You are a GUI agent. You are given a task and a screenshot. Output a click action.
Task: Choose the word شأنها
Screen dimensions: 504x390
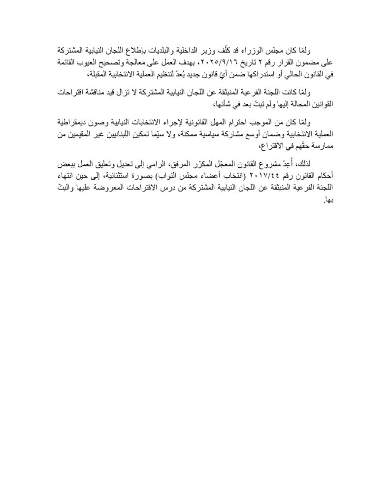(218, 104)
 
